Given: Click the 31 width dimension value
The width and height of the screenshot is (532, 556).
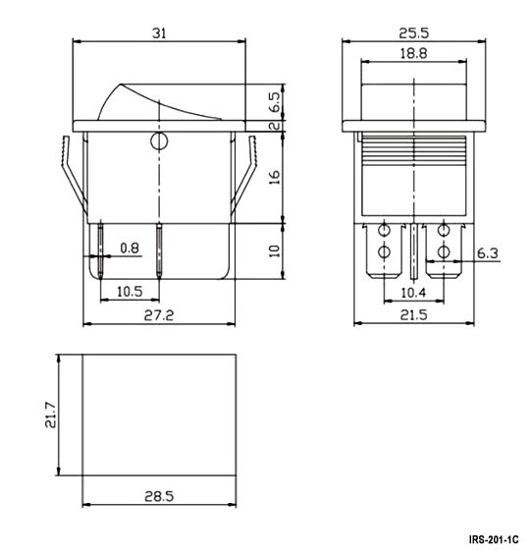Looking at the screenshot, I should click(x=159, y=32).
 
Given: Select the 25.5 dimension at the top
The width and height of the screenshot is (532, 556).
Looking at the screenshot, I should click(x=413, y=32).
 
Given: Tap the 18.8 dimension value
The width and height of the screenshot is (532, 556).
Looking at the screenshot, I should click(x=413, y=55).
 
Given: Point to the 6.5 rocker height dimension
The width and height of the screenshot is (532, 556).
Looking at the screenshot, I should click(x=277, y=100).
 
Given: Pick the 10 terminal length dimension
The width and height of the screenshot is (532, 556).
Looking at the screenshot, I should click(x=276, y=250).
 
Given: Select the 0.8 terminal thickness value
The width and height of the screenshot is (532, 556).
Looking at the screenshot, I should click(x=129, y=249).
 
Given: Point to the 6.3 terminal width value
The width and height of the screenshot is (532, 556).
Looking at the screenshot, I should click(x=488, y=253).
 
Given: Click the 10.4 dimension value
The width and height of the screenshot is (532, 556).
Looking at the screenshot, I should click(x=413, y=293).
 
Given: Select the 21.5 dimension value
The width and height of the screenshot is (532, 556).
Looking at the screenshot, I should click(x=413, y=315).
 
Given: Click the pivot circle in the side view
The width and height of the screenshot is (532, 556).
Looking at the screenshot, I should click(x=158, y=143).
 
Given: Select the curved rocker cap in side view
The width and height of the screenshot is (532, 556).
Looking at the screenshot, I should click(x=157, y=98).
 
